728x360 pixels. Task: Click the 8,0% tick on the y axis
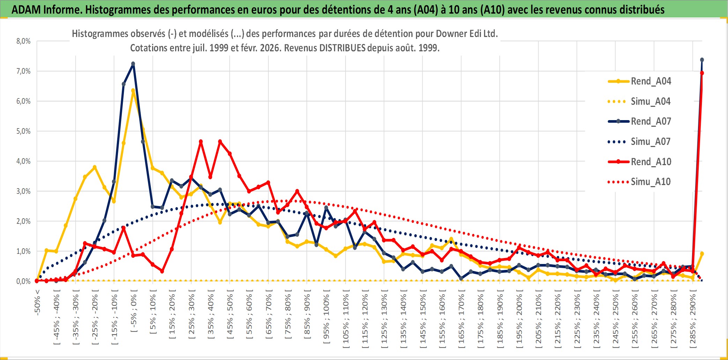pos(23,41)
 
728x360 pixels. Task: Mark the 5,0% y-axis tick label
pos(23,131)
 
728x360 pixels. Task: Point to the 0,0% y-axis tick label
pos(23,281)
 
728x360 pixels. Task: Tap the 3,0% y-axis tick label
pos(23,191)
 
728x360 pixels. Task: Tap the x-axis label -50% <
pos(37,302)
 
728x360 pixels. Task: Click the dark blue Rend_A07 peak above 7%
pos(133,64)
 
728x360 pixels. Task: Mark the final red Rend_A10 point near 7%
pos(702,73)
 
